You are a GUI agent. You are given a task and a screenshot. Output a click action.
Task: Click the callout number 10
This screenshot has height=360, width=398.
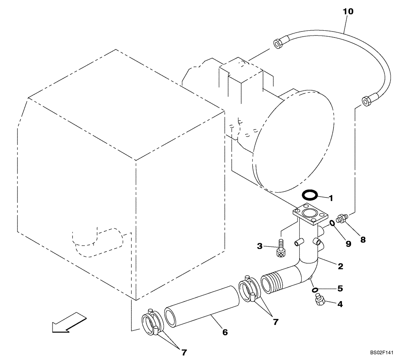[x=348, y=12]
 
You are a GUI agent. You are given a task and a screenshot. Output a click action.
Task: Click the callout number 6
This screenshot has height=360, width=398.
[x=225, y=332]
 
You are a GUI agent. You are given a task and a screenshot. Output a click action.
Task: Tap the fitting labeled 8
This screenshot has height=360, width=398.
[x=341, y=219]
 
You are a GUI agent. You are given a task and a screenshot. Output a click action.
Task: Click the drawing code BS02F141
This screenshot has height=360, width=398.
[x=381, y=353]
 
